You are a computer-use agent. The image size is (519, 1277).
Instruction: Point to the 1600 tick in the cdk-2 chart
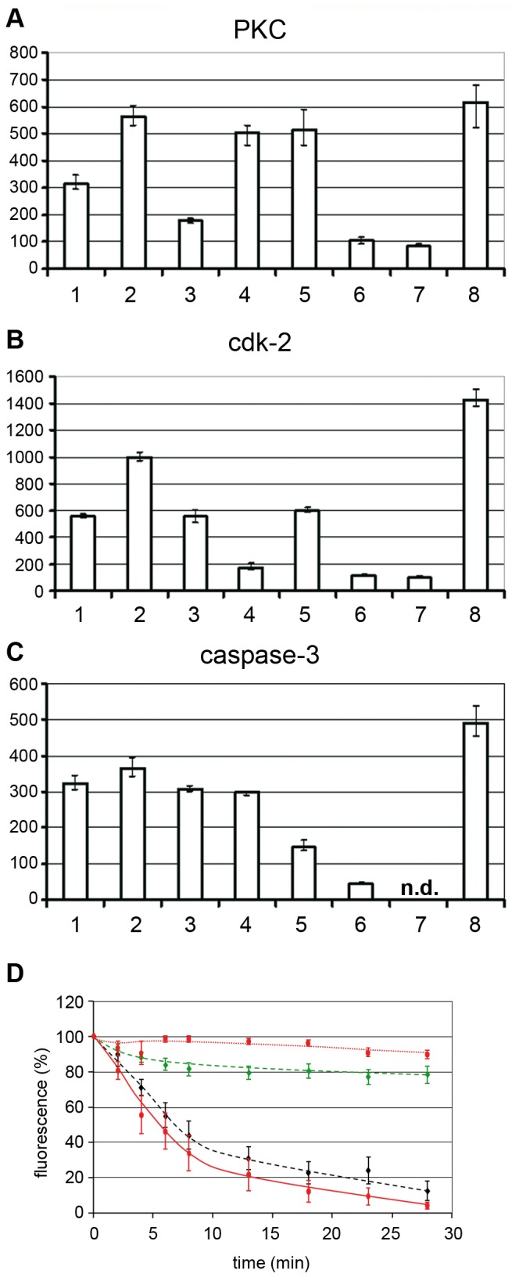tap(24, 377)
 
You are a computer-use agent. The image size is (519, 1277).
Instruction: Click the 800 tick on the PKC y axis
tap(24, 53)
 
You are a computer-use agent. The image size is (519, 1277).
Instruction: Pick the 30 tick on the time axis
tap(453, 1234)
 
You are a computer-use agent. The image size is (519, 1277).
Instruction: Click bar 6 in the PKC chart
tap(362, 254)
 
